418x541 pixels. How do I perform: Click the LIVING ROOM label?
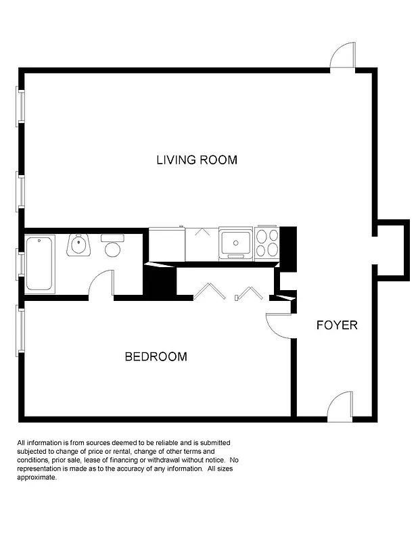pyautogui.click(x=197, y=160)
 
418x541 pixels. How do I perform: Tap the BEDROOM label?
pyautogui.click(x=156, y=356)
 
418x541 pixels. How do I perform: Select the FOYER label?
pyautogui.click(x=337, y=325)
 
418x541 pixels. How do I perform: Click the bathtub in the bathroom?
pyautogui.click(x=40, y=263)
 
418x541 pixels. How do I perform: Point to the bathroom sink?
pyautogui.click(x=78, y=245)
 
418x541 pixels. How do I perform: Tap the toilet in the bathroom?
pyautogui.click(x=112, y=245)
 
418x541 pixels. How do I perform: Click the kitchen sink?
pyautogui.click(x=235, y=243)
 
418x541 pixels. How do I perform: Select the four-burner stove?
pyautogui.click(x=266, y=243)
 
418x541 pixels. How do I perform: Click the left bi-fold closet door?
pyautogui.click(x=209, y=291)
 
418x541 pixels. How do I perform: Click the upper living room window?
pyautogui.click(x=21, y=106)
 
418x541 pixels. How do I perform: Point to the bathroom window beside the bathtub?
pyautogui.click(x=21, y=264)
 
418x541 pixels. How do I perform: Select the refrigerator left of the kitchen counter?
pyautogui.click(x=166, y=244)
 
